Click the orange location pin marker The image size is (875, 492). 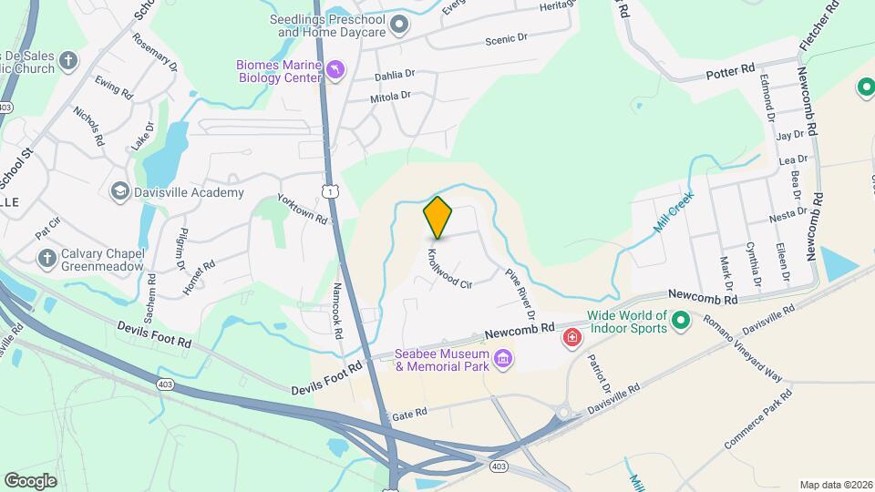pyautogui.click(x=438, y=217)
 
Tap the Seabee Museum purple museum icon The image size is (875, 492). pyautogui.click(x=501, y=361)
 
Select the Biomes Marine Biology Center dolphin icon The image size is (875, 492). pyautogui.click(x=336, y=71)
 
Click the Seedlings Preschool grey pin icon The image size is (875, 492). pyautogui.click(x=398, y=25)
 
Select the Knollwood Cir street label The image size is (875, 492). pyautogui.click(x=450, y=268)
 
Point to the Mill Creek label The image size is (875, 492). pyautogui.click(x=674, y=211)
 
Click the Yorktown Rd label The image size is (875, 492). pyautogui.click(x=302, y=211)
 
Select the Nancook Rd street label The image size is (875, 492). pyautogui.click(x=336, y=311)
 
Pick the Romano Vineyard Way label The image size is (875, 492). pyautogui.click(x=743, y=347)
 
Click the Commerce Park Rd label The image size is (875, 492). pyautogui.click(x=757, y=420)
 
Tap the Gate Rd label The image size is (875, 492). pyautogui.click(x=409, y=414)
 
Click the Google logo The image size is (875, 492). pyautogui.click(x=30, y=480)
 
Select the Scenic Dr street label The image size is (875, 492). pyautogui.click(x=507, y=40)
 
